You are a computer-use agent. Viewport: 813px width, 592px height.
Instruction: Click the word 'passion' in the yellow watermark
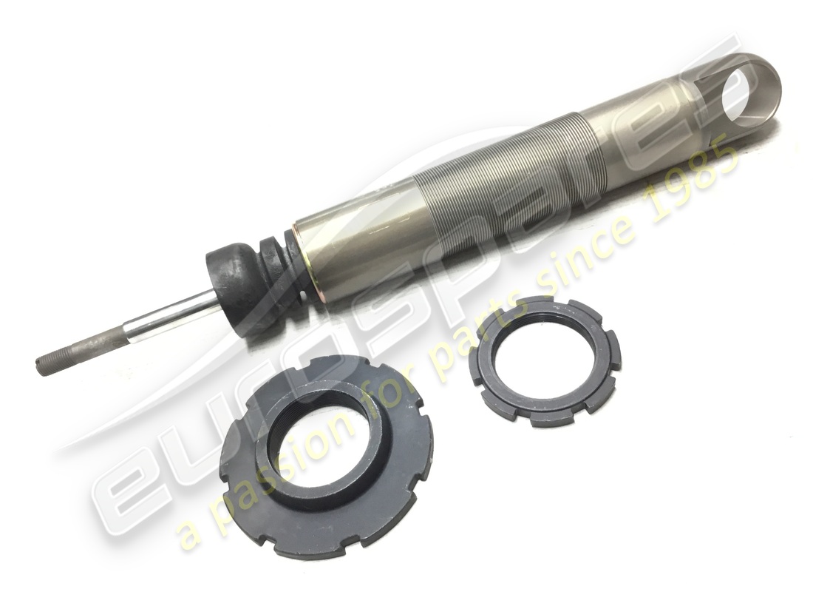273,474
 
